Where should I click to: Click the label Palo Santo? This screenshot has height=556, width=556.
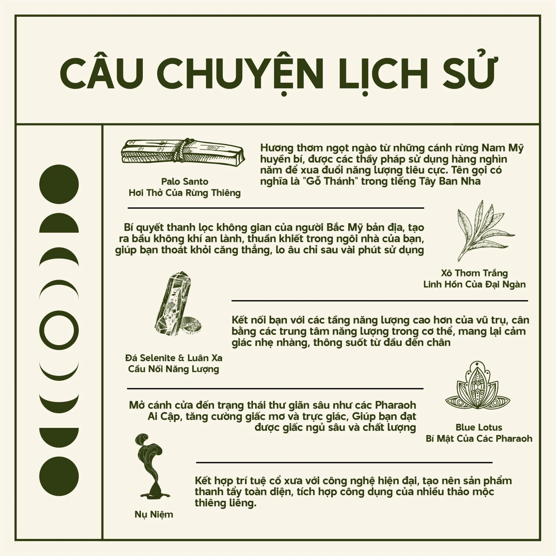tap(184, 182)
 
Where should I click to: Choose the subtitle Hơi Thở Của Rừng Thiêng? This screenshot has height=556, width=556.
tap(184, 193)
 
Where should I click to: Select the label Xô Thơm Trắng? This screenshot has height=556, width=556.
tap(474, 273)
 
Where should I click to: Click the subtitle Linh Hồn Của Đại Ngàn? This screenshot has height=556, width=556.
tap(474, 284)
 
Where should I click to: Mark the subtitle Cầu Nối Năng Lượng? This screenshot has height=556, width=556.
tap(174, 369)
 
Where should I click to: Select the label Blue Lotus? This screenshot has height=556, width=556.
tap(479, 427)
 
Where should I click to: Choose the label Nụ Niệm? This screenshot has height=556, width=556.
tap(154, 514)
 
